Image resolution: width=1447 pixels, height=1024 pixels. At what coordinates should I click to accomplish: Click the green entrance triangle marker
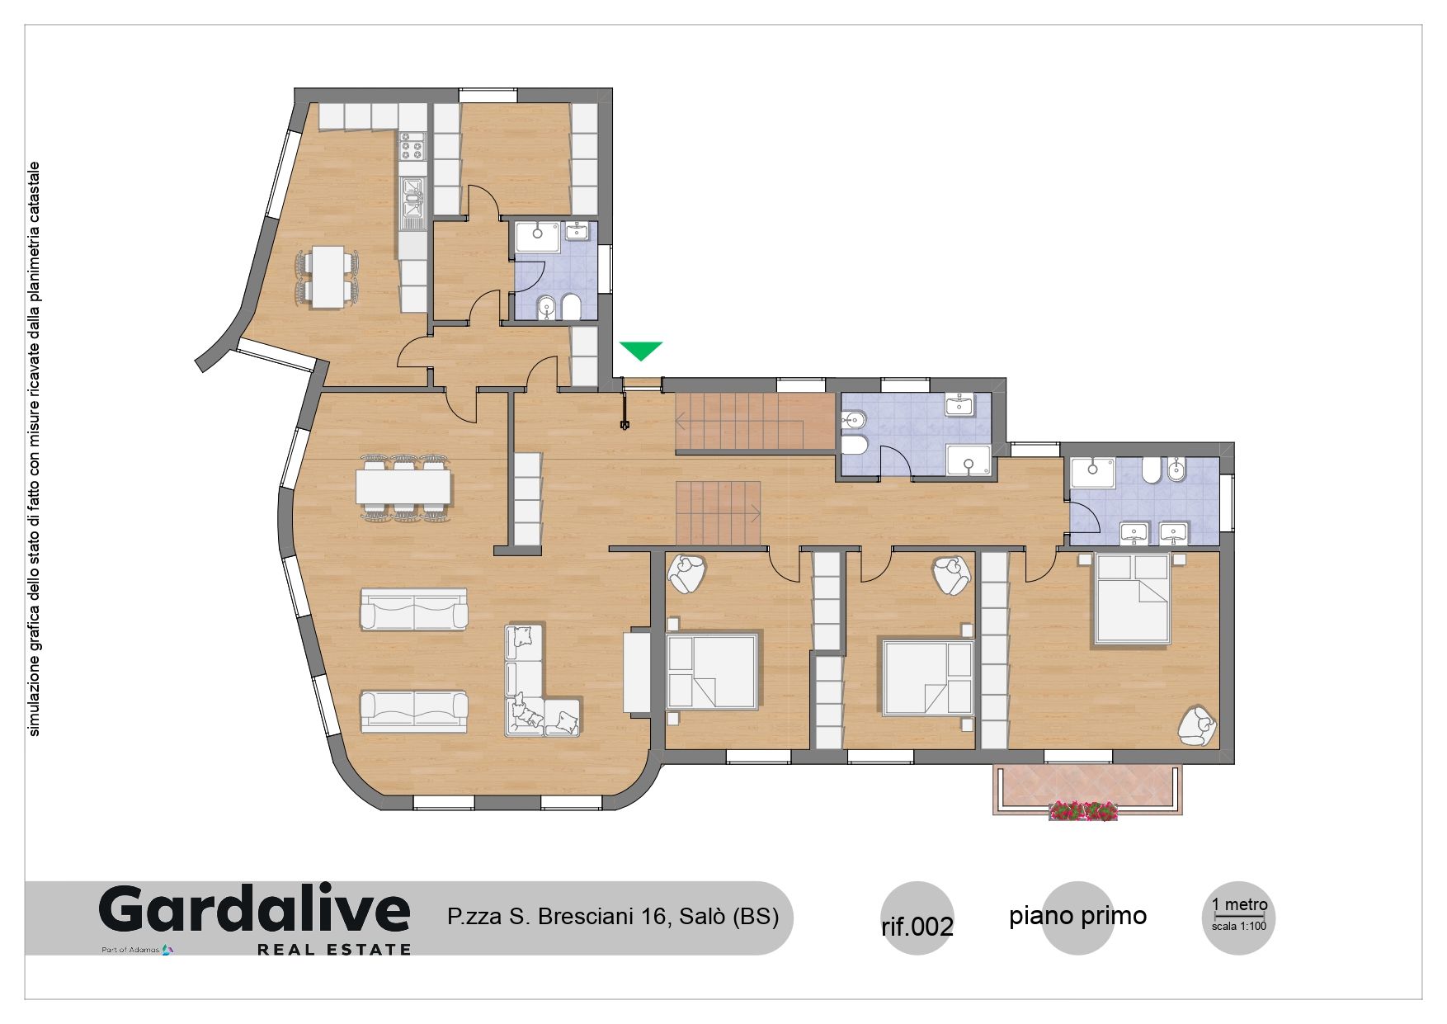click(641, 350)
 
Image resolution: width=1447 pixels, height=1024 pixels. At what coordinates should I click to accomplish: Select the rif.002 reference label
click(917, 927)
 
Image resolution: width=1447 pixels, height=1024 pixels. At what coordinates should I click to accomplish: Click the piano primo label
click(1077, 916)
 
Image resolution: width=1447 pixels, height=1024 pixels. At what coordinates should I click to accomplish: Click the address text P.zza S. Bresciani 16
click(557, 917)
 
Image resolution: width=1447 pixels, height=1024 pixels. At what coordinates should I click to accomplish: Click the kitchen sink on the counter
click(412, 202)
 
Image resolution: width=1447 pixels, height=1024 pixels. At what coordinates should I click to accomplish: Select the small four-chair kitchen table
click(328, 277)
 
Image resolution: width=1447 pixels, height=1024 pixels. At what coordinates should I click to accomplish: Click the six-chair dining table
click(404, 487)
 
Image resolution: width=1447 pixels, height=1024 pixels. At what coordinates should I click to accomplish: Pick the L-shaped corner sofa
click(542, 681)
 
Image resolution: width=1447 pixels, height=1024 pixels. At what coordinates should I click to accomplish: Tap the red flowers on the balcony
click(1083, 811)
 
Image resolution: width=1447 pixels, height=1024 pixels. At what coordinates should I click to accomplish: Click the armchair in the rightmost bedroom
click(1196, 726)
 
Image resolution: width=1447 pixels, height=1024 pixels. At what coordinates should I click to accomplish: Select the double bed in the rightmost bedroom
click(1133, 598)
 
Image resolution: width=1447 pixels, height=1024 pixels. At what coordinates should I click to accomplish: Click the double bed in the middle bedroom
click(928, 677)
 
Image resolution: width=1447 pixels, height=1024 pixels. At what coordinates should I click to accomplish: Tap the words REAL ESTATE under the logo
click(334, 950)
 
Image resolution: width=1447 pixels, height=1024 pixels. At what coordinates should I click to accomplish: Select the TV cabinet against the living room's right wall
click(637, 671)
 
